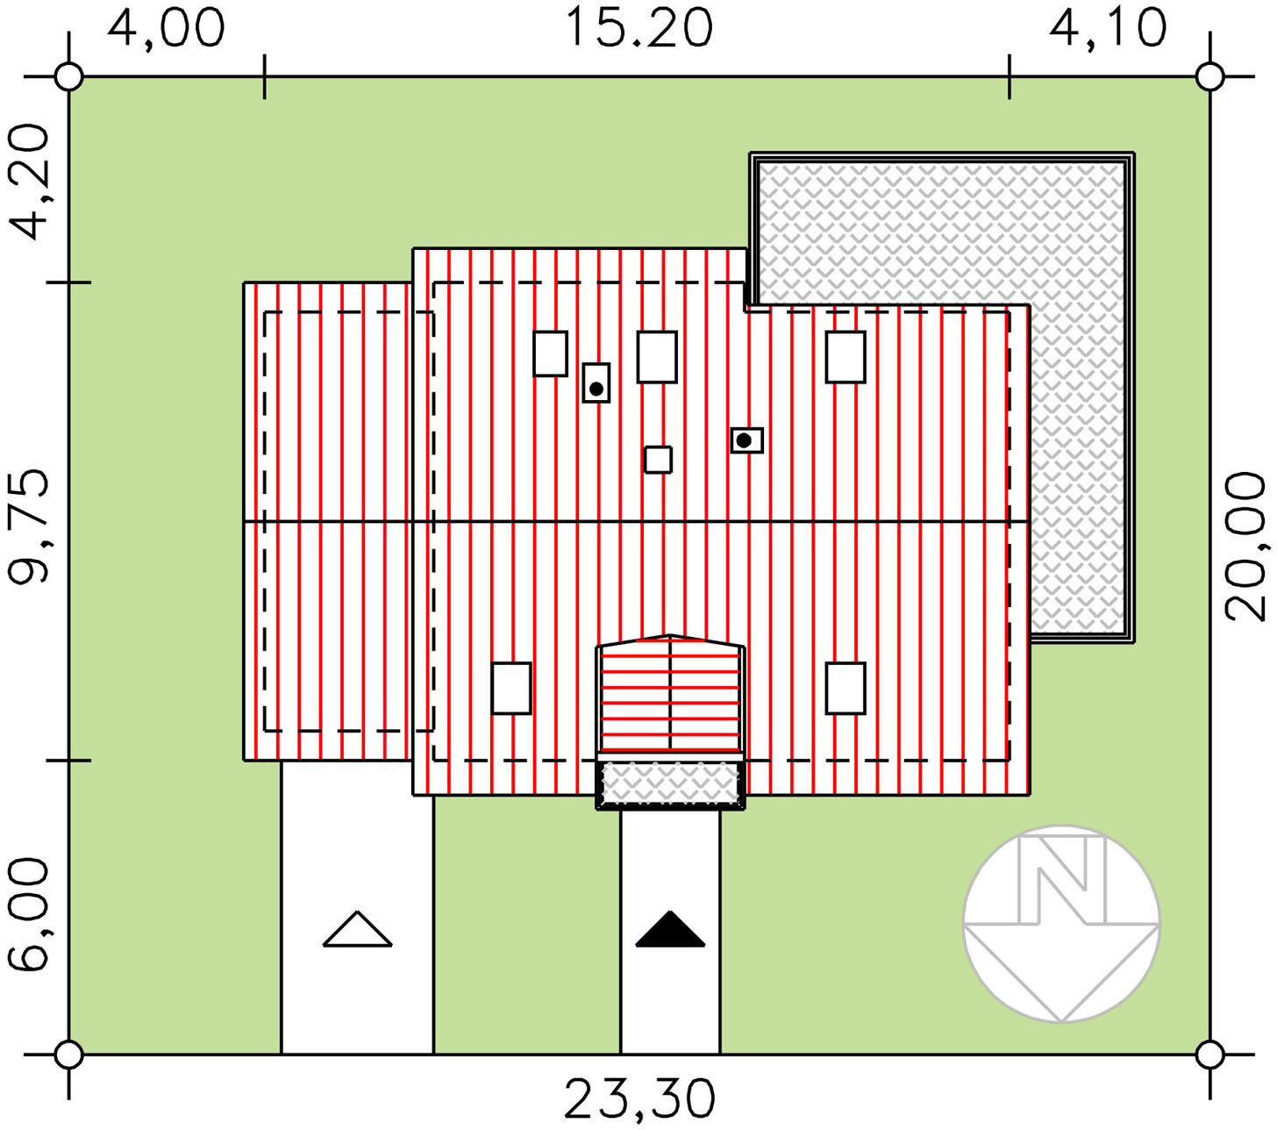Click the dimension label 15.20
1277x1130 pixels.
639,28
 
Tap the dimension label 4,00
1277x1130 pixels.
166,28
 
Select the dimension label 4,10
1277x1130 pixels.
1107,28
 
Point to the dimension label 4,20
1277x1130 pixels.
28,182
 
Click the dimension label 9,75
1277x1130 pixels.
28,527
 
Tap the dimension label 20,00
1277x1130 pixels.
1245,547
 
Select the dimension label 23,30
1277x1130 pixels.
639,1100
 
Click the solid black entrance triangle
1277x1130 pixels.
669,929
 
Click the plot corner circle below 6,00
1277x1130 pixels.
68,1054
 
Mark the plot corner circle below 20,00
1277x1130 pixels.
1209,1054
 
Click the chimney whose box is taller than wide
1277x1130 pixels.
596,383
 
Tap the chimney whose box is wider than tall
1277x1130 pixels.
747,440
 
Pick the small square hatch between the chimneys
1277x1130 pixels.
658,460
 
